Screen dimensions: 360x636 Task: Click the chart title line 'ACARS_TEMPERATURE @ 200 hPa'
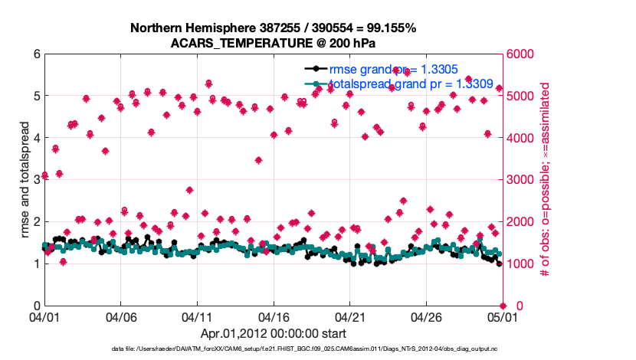pos(273,43)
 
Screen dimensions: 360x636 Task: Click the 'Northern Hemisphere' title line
pos(273,28)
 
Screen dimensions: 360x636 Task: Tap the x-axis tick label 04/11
pos(197,316)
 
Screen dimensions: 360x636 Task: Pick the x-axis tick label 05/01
pos(502,316)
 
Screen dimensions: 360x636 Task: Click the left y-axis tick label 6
pos(36,54)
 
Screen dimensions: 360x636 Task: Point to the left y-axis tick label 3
pos(36,180)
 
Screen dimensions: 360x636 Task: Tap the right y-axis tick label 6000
pos(520,54)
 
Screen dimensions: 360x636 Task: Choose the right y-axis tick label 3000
pos(520,180)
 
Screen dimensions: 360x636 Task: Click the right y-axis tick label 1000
pos(520,264)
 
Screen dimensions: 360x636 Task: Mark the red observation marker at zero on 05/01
pos(502,306)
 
